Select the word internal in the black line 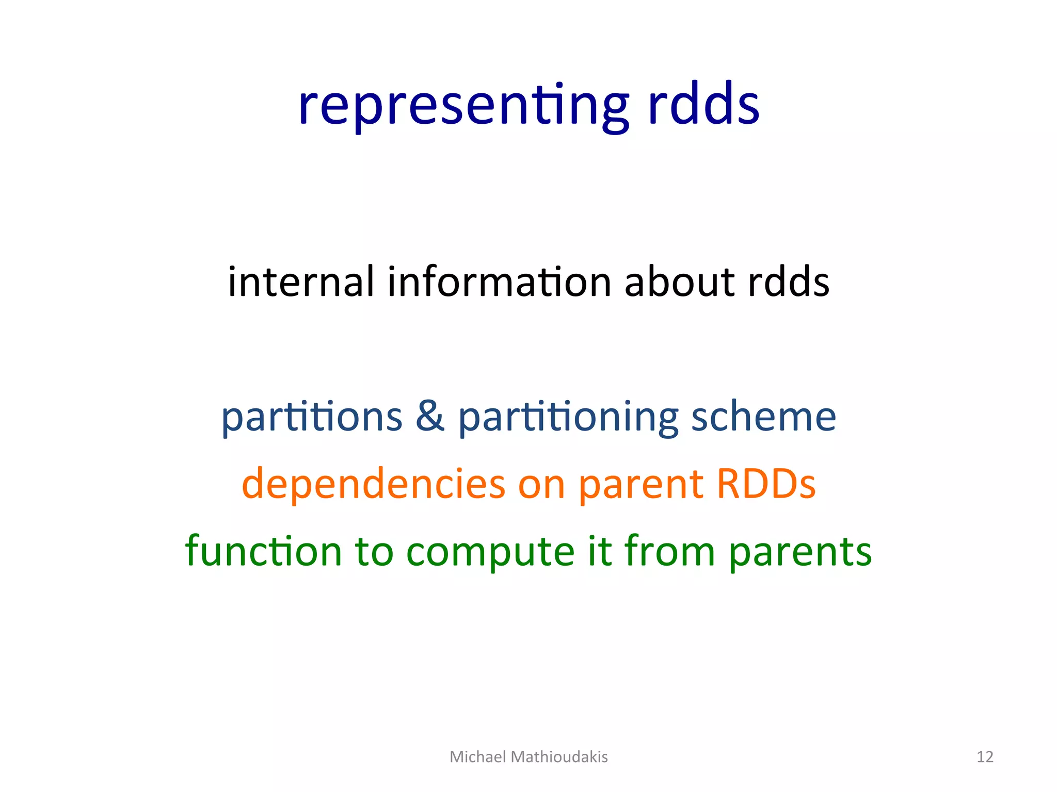(x=301, y=282)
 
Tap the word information (x=499, y=282)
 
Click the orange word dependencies (x=373, y=485)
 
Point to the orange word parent (x=640, y=485)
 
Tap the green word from (x=670, y=551)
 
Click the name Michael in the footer (x=477, y=756)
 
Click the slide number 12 (x=985, y=756)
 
